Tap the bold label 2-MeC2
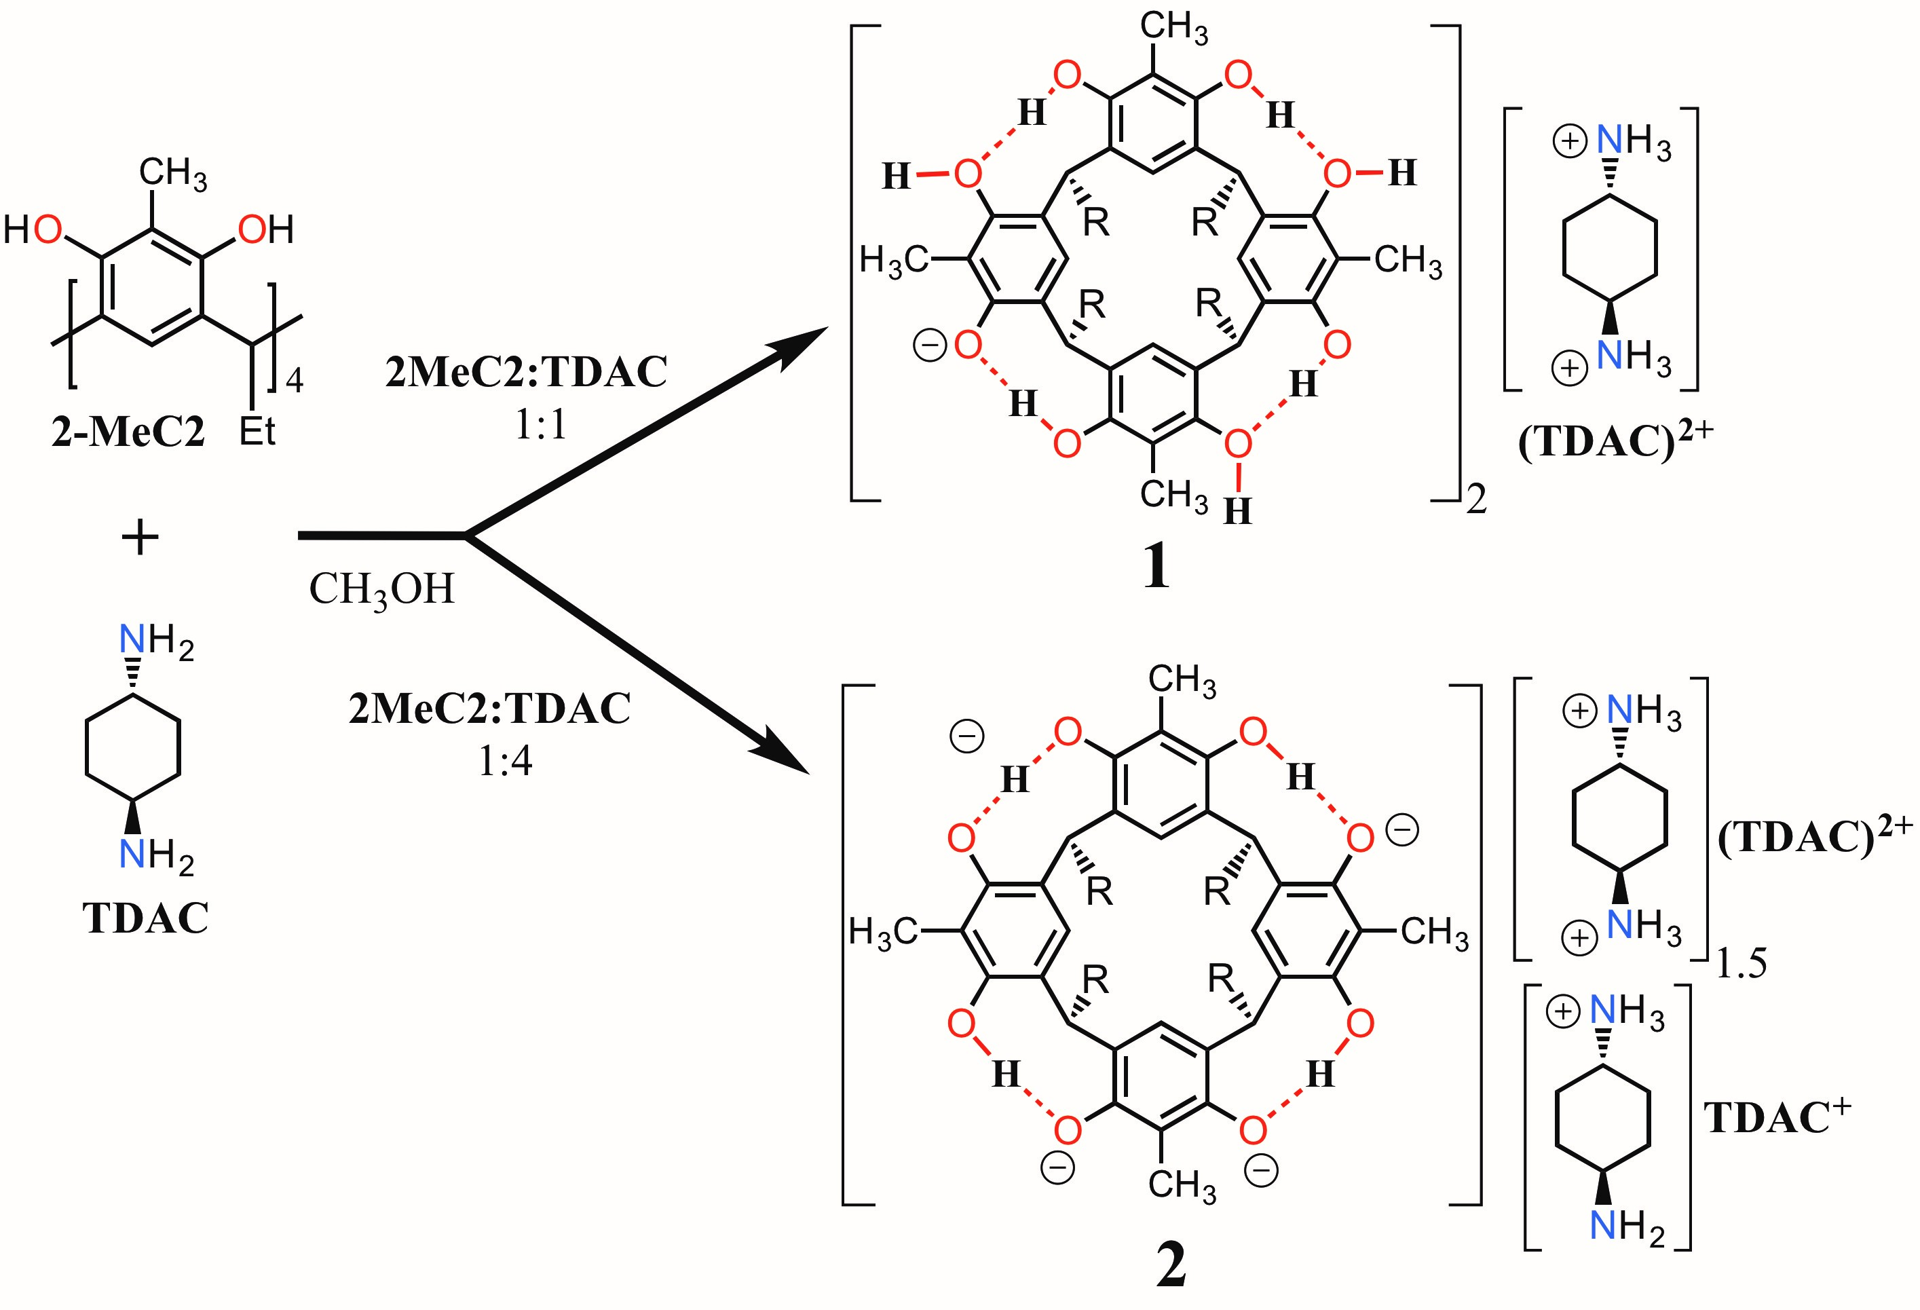[128, 432]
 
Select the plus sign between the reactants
[140, 539]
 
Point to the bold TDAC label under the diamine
[146, 918]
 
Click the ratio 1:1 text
[541, 425]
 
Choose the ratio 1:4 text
[505, 760]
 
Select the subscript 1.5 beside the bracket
[1741, 965]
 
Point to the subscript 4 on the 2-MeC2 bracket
[294, 381]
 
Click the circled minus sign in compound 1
[929, 346]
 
